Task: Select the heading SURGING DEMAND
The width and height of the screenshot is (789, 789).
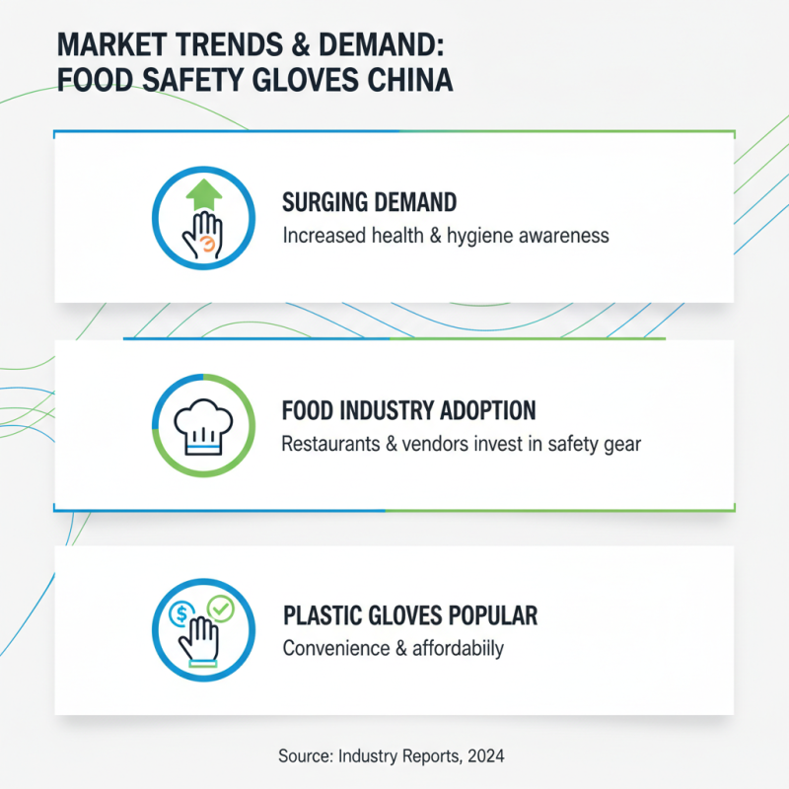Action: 369,203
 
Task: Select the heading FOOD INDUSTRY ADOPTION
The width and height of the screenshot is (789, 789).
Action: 408,410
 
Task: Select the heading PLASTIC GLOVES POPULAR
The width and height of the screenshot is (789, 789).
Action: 410,616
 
